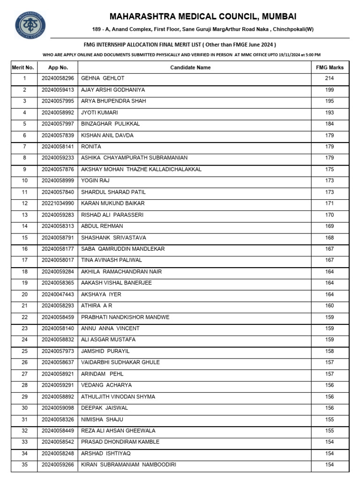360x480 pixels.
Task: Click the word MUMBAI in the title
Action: point(279,17)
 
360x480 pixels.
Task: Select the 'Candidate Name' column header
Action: point(190,67)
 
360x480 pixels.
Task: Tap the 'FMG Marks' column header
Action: point(330,67)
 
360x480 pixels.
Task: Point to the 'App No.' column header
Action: point(58,67)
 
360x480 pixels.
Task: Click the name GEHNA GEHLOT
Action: point(103,78)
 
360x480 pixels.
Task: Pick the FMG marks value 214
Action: point(330,78)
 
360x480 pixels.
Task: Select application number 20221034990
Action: point(58,203)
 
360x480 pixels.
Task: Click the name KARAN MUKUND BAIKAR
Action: point(112,203)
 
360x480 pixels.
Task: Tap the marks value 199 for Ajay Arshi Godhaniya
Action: point(330,90)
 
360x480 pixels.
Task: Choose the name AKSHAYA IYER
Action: point(101,294)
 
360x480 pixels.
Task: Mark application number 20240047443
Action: point(58,294)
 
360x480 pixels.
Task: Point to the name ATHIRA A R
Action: point(97,306)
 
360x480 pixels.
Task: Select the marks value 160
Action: point(330,306)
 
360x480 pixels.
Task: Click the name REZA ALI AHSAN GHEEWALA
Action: point(118,431)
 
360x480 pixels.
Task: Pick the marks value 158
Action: point(330,351)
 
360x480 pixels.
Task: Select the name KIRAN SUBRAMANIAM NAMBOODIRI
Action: point(128,465)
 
